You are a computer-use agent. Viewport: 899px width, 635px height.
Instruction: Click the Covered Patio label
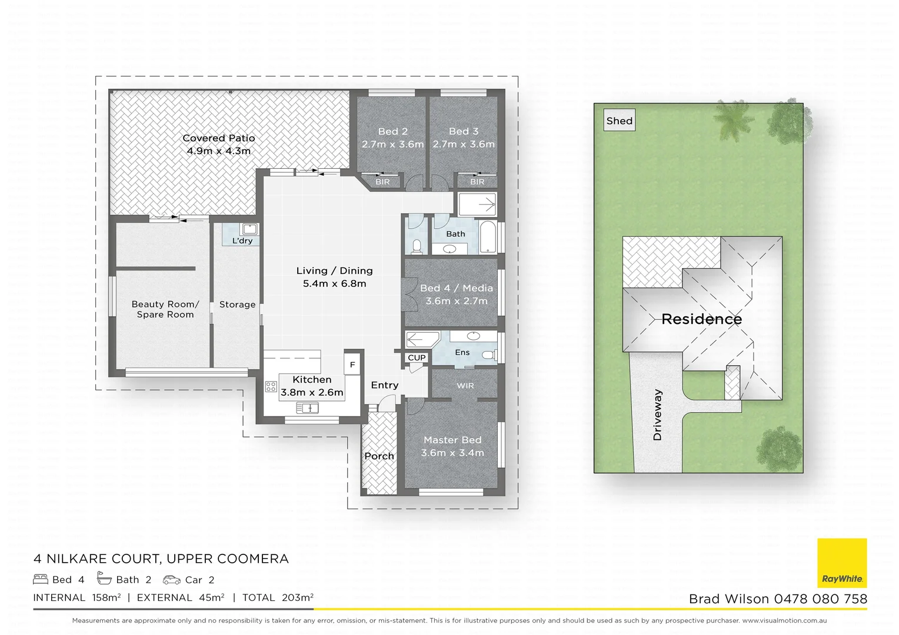(x=218, y=138)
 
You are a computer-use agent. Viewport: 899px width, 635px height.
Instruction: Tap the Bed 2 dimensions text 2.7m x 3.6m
(x=392, y=144)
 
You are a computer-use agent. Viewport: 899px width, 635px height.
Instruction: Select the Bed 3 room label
(x=463, y=131)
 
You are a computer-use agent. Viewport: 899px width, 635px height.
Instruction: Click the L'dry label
(x=242, y=240)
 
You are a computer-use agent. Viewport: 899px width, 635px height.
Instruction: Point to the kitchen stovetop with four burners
(x=271, y=386)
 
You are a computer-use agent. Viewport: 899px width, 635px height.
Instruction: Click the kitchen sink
(x=307, y=407)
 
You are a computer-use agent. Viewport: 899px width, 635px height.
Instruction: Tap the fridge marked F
(x=352, y=365)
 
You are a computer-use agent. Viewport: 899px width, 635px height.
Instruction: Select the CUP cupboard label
(x=417, y=357)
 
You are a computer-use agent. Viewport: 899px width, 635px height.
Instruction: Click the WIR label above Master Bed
(x=465, y=386)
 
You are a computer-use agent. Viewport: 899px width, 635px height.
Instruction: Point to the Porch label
(x=379, y=456)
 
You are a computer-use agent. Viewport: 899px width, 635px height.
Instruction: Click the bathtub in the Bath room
(x=488, y=237)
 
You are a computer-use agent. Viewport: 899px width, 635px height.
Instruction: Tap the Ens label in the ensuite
(x=462, y=352)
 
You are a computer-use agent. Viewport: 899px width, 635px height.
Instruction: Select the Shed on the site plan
(x=620, y=121)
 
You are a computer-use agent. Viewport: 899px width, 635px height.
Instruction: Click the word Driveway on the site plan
(x=657, y=415)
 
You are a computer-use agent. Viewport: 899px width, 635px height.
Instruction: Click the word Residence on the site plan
(x=701, y=319)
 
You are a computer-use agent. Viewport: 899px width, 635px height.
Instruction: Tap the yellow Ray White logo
(x=842, y=563)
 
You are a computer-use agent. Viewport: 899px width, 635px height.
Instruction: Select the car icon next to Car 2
(x=172, y=580)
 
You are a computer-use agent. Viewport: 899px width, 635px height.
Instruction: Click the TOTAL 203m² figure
(x=277, y=598)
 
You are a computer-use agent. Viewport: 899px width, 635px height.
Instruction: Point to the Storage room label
(x=237, y=305)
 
